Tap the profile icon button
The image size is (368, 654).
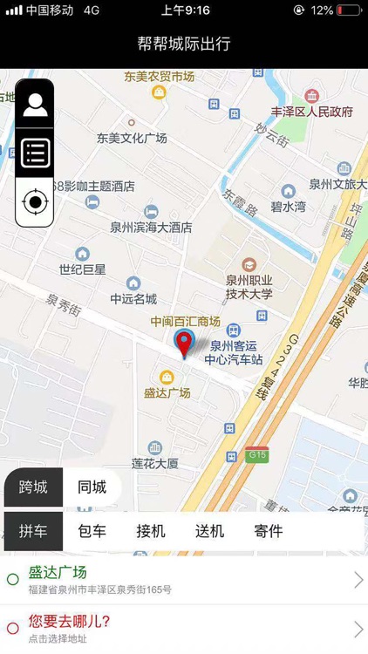click(x=35, y=105)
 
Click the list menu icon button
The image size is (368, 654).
click(x=35, y=153)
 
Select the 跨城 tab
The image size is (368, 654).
click(x=33, y=487)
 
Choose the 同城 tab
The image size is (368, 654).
click(x=92, y=487)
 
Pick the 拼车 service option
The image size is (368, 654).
click(x=33, y=531)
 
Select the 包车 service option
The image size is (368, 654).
click(x=92, y=531)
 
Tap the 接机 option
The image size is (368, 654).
click(x=151, y=531)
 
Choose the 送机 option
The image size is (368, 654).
click(x=209, y=531)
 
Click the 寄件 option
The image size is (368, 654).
click(x=269, y=531)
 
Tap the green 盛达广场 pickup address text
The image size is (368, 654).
click(x=58, y=573)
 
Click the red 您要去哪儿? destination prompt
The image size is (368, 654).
click(x=70, y=622)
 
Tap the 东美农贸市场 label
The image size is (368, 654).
click(x=159, y=77)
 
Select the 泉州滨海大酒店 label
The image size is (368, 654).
click(x=151, y=228)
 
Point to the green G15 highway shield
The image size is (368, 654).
click(x=256, y=454)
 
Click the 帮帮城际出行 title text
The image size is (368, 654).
click(x=184, y=44)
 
